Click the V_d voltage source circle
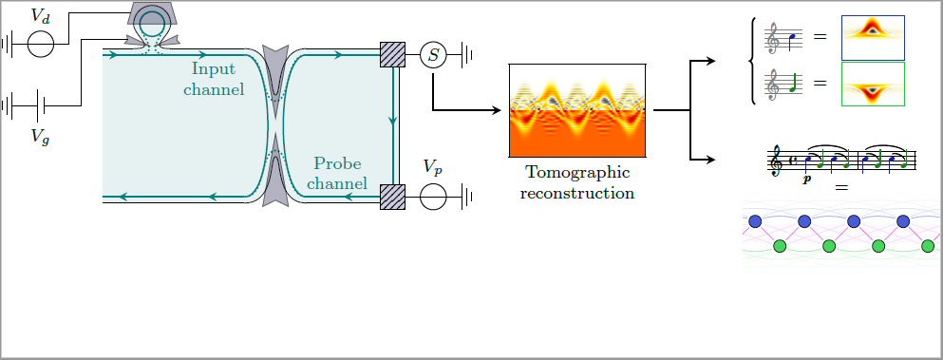coord(41,44)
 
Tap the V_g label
coord(41,138)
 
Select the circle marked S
coord(433,55)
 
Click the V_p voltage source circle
coord(433,197)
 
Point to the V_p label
coord(433,167)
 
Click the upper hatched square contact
coord(393,55)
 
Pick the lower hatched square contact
coord(393,197)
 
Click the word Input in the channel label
coord(214,69)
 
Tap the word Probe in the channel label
coord(337,163)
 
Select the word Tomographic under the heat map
coord(577,173)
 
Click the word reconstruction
coord(577,193)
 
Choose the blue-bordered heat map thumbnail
coord(873,38)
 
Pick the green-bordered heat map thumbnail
coord(873,85)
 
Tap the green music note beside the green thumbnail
coord(792,83)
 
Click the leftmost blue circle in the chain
coord(755,221)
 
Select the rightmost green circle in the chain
coord(928,246)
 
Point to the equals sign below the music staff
coord(841,188)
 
